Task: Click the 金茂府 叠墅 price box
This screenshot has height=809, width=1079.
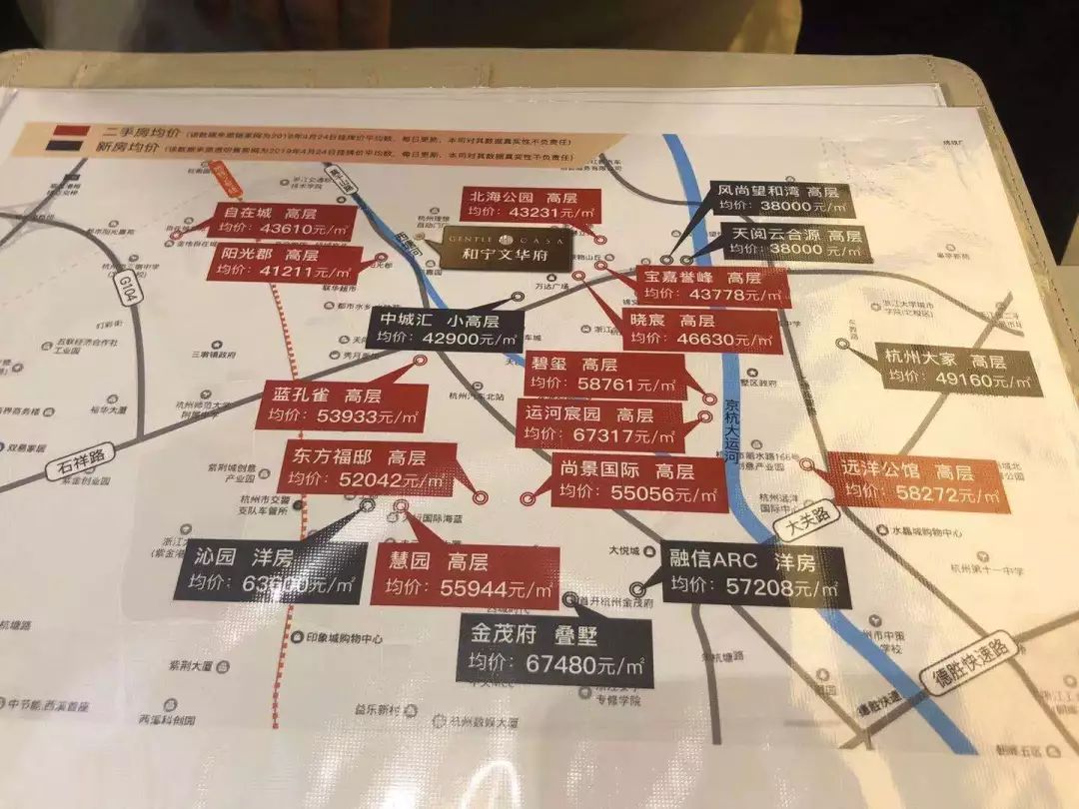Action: point(555,649)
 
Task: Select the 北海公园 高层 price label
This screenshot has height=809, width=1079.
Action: point(517,214)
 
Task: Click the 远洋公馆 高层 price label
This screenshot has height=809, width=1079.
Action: point(916,482)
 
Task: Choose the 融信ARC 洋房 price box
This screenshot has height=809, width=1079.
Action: point(757,576)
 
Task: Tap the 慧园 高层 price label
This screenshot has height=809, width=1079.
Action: point(464,575)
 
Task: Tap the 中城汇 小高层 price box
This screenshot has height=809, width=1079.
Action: point(446,329)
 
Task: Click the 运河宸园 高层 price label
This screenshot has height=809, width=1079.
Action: point(598,424)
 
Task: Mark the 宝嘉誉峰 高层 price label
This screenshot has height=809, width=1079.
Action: point(711,286)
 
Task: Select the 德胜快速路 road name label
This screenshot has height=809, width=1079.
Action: point(968,665)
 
